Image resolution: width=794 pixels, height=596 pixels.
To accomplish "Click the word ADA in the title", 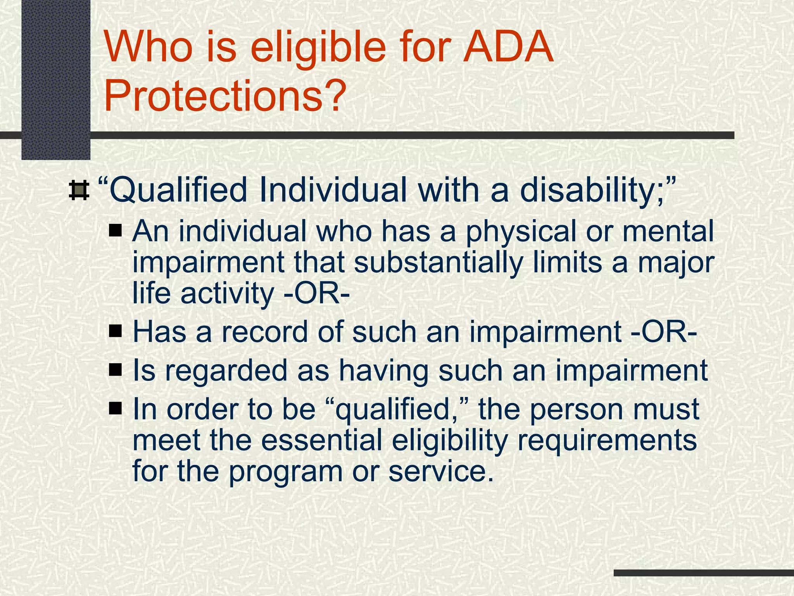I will [509, 49].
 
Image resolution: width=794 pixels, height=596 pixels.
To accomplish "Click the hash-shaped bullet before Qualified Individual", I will [79, 191].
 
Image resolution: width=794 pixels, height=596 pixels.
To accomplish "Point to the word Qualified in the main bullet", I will [176, 191].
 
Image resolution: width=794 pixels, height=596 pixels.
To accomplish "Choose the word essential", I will [322, 440].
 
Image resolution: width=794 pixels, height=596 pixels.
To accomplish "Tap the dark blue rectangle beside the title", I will [55, 80].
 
